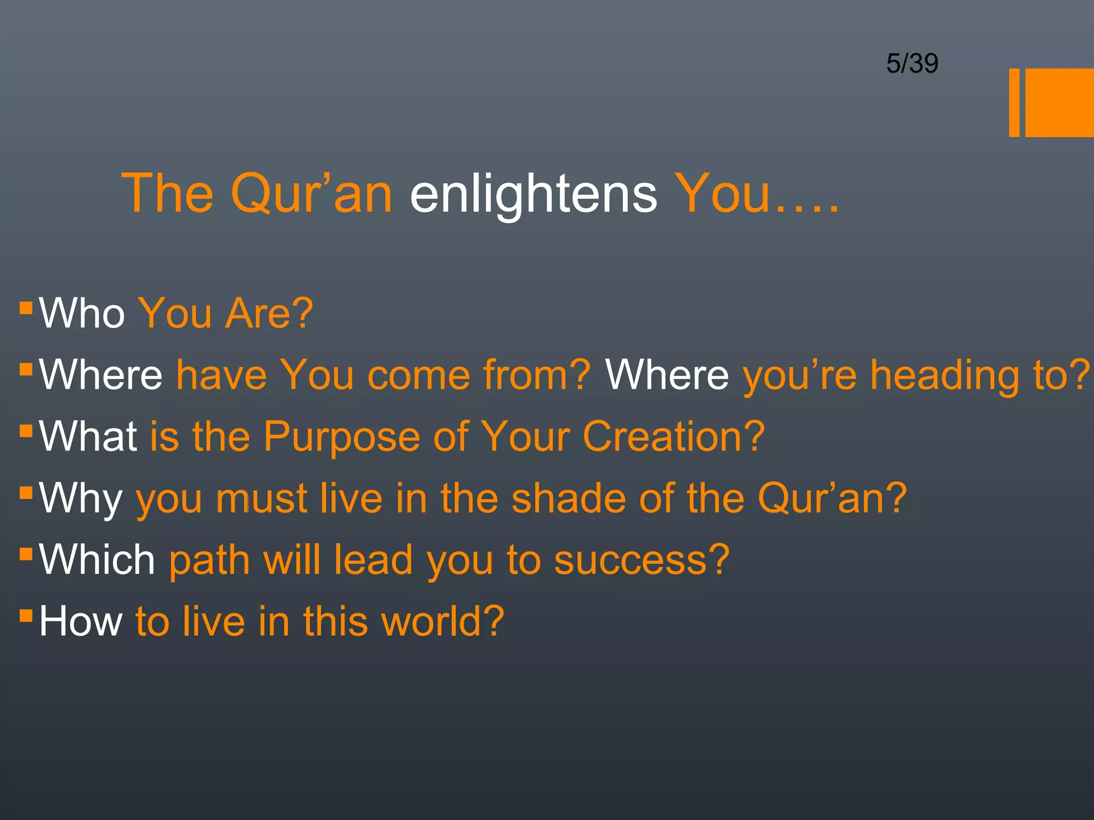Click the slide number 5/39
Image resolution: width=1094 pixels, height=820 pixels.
(x=912, y=64)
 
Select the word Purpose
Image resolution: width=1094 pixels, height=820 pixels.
(x=341, y=437)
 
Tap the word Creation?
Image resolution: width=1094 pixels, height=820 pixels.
(x=674, y=437)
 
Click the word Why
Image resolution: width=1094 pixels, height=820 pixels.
(x=81, y=499)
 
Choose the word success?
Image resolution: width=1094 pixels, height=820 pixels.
(x=642, y=560)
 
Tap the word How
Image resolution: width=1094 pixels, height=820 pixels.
(x=81, y=621)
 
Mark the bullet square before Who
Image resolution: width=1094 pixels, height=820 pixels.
(x=26, y=307)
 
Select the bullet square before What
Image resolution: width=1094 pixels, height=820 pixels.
(x=26, y=431)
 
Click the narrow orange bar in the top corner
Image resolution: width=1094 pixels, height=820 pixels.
(x=1014, y=102)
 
